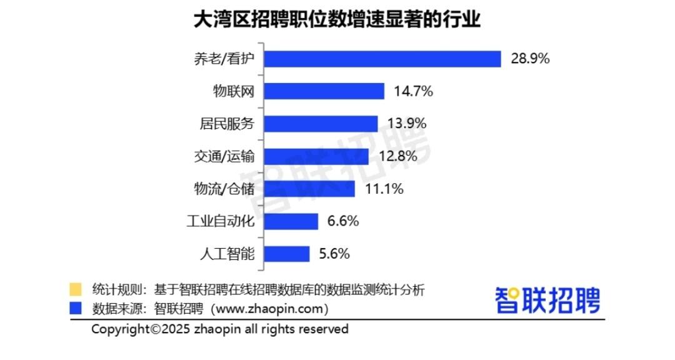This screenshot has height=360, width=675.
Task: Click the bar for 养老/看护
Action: click(x=382, y=59)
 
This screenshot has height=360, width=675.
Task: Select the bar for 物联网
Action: click(x=324, y=91)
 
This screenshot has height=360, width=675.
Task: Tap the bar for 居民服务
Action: click(x=321, y=124)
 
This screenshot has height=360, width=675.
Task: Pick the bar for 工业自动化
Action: click(x=291, y=221)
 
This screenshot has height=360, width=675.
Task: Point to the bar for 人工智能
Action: click(x=287, y=254)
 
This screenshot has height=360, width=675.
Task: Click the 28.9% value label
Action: click(x=530, y=59)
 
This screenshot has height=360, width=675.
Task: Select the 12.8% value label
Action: click(x=397, y=156)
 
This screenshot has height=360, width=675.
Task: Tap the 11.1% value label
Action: click(x=383, y=189)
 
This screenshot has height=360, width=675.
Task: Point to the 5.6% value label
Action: click(x=334, y=254)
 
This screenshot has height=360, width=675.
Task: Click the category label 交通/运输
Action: click(x=223, y=156)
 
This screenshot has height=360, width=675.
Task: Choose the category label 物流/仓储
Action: click(x=223, y=189)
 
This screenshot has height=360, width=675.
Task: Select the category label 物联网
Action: click(x=234, y=91)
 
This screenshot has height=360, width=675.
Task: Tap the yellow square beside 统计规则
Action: click(x=75, y=289)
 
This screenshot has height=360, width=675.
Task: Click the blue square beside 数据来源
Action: click(x=75, y=308)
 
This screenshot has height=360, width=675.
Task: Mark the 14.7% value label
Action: click(x=413, y=91)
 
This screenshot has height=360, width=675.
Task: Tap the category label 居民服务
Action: click(x=223, y=124)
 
